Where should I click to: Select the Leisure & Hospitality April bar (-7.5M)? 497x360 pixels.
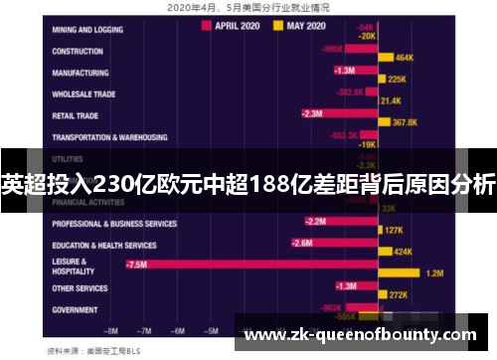tap(248, 265)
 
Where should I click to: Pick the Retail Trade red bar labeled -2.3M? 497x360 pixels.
tap(338, 113)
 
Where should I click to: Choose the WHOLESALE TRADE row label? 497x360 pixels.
tap(83, 94)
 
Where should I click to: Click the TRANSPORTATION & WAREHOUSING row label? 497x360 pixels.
tap(109, 137)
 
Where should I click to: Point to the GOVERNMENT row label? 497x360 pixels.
tap(75, 310)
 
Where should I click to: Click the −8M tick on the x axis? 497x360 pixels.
tap(111, 329)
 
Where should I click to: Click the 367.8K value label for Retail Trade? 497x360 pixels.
tap(405, 122)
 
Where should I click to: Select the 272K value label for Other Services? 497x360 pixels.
tap(399, 295)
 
